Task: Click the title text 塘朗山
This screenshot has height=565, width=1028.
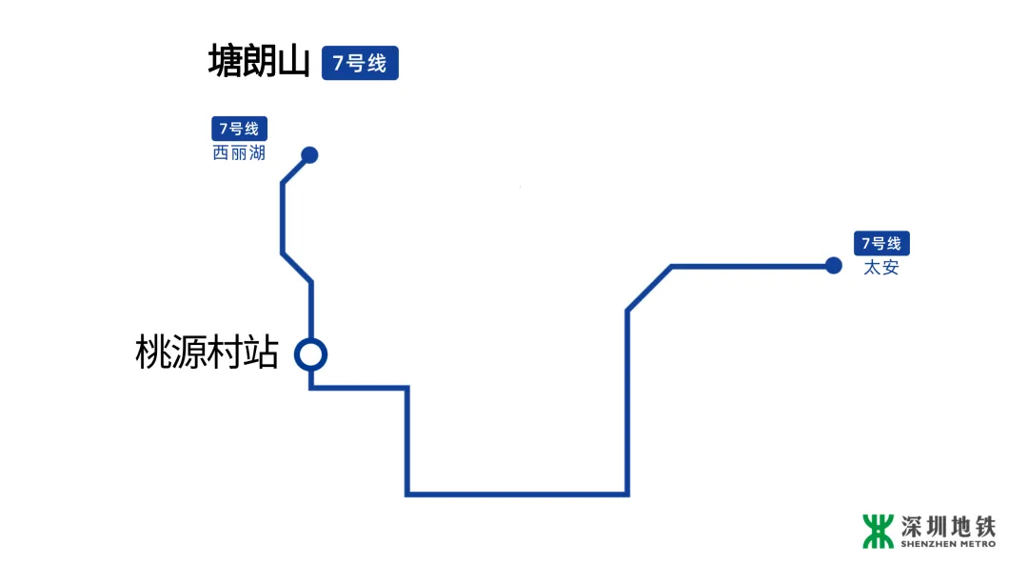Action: [259, 63]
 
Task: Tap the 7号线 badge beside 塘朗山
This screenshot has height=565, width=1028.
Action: [360, 64]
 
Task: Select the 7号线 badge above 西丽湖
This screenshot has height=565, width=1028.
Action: [239, 129]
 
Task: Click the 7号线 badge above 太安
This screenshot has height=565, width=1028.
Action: [880, 244]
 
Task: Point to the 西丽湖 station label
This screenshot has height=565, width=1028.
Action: [239, 152]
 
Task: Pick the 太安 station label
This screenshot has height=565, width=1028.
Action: [880, 268]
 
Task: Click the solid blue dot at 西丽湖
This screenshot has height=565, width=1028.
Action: [309, 155]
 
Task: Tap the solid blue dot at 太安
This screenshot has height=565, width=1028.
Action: [834, 265]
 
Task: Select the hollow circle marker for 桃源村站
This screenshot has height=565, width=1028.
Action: [310, 354]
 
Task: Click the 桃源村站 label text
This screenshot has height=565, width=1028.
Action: [208, 354]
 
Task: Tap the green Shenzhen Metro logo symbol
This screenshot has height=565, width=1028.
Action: [879, 532]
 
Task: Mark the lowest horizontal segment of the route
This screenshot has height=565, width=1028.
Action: [517, 494]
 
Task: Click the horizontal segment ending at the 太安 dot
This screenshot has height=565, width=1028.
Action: [752, 266]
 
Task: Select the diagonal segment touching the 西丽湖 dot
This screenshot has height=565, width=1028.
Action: [296, 169]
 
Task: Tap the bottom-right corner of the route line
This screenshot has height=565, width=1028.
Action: [626, 494]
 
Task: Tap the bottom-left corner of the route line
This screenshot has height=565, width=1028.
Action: [407, 494]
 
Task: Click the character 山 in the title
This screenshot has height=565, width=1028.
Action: [293, 63]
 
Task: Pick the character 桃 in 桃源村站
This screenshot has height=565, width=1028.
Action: [153, 354]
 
